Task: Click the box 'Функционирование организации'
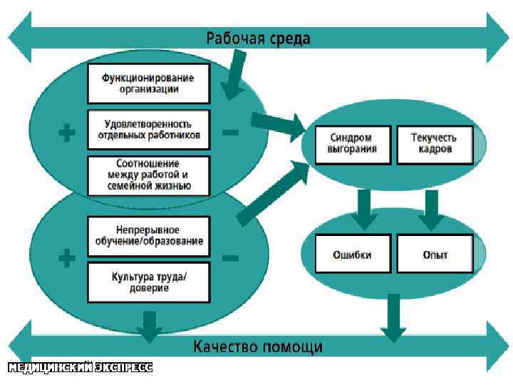click(149, 83)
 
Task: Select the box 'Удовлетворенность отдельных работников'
click(149, 128)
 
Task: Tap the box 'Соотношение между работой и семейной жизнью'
click(149, 175)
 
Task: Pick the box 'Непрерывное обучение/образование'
click(149, 235)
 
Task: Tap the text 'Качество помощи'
click(258, 347)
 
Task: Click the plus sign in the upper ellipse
click(66, 132)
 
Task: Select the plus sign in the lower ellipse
click(66, 258)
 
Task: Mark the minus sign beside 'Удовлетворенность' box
click(230, 132)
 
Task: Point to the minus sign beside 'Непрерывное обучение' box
click(230, 257)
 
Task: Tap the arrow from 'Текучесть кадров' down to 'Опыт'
click(430, 212)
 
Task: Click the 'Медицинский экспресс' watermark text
click(80, 368)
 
